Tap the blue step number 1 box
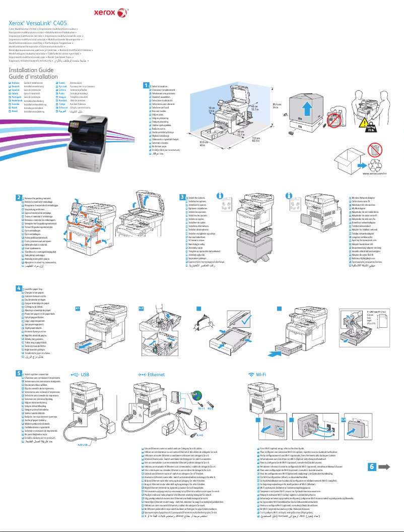point(146,85)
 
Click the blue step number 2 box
point(19,197)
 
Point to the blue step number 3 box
point(182,197)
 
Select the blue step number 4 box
point(19,288)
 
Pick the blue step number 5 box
point(19,373)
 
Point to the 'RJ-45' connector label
point(200,433)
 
